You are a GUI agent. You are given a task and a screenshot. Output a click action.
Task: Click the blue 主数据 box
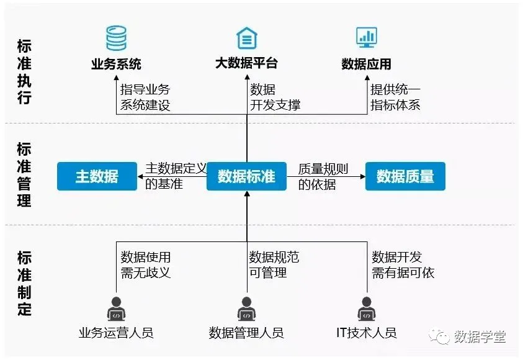coord(97,176)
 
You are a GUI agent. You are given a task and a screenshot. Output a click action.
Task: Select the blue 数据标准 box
coord(246,176)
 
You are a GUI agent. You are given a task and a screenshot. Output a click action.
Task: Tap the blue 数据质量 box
coord(405,176)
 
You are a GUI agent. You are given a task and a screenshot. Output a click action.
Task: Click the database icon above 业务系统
coord(116,38)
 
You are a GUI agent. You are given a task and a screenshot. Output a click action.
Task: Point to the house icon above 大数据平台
coord(247,38)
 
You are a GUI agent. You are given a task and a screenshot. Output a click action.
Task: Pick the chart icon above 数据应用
coord(367,37)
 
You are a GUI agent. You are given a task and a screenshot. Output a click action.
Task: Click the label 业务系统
coord(116,64)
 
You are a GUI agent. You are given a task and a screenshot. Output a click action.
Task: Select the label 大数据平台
coord(246,64)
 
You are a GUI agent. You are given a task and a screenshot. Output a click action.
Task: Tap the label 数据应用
coord(366,64)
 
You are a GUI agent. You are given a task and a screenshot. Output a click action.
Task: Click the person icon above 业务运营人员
coord(116,308)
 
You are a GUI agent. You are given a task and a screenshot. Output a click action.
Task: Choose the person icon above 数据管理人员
coord(246,308)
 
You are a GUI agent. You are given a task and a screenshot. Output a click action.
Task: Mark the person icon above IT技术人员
coord(366,308)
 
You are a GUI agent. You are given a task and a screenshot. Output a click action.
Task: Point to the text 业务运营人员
coord(116,333)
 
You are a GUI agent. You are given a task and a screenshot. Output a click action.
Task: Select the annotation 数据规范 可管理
coord(274,264)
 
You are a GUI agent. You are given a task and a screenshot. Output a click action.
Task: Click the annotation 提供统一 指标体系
coord(395,97)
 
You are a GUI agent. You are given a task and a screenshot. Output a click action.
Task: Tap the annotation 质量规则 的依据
coord(323,176)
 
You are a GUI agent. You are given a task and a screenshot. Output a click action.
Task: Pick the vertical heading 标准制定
coord(24,283)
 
